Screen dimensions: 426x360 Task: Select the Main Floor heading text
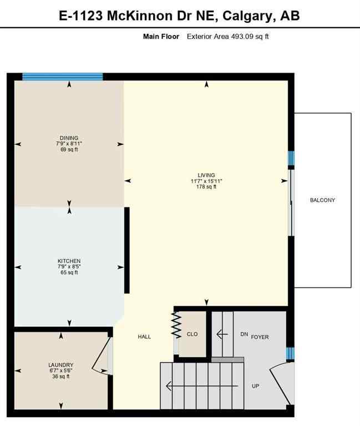click(x=161, y=37)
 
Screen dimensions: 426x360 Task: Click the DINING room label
click(x=69, y=138)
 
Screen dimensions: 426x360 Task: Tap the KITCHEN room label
click(x=69, y=261)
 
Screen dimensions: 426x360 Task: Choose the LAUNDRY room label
click(x=60, y=365)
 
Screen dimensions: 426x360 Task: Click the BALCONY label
click(x=322, y=200)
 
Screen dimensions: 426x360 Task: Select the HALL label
click(x=144, y=337)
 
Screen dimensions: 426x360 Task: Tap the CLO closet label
click(x=192, y=334)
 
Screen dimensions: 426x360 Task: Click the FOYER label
click(x=260, y=337)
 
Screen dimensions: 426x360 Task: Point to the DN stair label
click(x=244, y=334)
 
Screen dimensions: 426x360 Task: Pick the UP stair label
click(x=255, y=386)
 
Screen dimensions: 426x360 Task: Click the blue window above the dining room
click(x=62, y=77)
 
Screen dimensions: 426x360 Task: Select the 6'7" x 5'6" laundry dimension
click(x=60, y=371)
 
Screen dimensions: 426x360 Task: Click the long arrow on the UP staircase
click(x=202, y=387)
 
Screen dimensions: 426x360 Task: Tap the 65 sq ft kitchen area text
click(x=69, y=272)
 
